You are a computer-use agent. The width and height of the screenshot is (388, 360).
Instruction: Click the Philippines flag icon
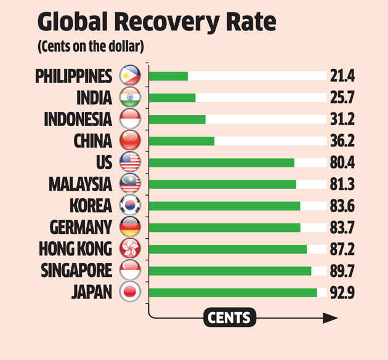pos(131,76)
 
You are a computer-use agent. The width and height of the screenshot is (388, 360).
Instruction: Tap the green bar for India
pos(172,97)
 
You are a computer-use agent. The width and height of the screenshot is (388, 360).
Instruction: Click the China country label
pos(93,140)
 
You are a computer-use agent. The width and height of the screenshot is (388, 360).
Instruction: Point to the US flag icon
pos(131,162)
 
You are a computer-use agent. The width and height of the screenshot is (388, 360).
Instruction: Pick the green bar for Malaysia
pos(222,184)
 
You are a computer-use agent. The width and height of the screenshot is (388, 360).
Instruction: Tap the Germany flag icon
pos(131,227)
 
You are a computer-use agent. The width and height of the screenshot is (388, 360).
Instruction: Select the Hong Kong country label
pos(75,249)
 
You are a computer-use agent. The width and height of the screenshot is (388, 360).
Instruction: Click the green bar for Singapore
pos(230,270)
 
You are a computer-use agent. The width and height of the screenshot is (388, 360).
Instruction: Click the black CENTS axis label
pos(228,318)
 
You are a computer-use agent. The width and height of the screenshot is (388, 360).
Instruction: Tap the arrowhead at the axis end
pos(331,318)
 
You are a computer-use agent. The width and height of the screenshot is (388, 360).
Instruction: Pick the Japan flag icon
pos(131,292)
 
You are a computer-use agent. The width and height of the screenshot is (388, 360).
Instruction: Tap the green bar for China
pos(182,140)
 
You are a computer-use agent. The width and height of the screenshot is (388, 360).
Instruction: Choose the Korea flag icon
pos(131,206)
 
